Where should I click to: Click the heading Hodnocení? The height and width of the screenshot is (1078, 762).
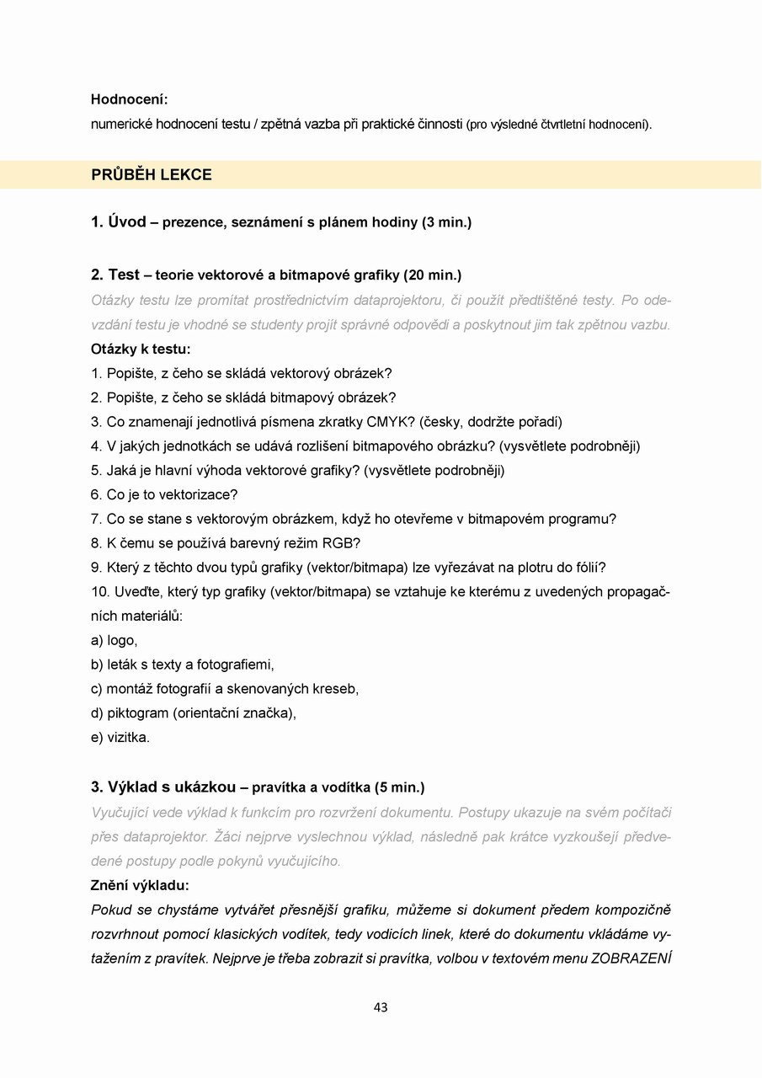(130, 99)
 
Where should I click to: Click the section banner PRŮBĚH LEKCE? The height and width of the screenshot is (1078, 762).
(152, 175)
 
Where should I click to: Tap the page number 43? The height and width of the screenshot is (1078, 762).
(381, 1007)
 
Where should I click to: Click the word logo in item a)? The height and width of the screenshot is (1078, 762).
(122, 640)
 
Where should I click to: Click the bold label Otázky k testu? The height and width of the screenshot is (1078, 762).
(141, 349)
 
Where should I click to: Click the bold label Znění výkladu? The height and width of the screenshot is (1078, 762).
(140, 885)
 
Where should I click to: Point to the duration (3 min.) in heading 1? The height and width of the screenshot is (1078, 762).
(446, 222)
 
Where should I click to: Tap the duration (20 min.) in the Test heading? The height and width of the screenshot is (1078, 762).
(433, 275)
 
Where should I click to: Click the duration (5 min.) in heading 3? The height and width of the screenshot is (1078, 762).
(399, 787)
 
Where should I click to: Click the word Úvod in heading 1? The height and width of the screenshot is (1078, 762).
(127, 222)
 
